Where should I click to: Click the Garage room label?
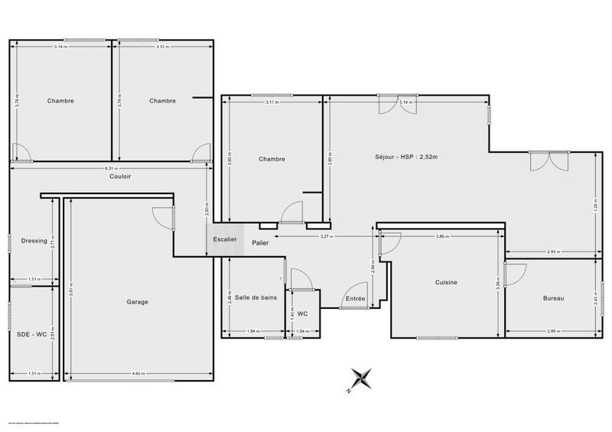pyautogui.click(x=138, y=301)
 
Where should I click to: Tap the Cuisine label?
pyautogui.click(x=446, y=283)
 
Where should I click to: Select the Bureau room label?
pyautogui.click(x=553, y=298)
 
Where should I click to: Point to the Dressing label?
pyautogui.click(x=34, y=242)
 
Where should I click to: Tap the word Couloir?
pyautogui.click(x=120, y=177)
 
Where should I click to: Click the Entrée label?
pyautogui.click(x=355, y=298)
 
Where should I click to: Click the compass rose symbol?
pyautogui.click(x=360, y=379)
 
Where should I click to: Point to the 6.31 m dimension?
pyautogui.click(x=110, y=168)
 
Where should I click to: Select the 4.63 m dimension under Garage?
pyautogui.click(x=138, y=373)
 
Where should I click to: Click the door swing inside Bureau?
pyautogui.click(x=514, y=274)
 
